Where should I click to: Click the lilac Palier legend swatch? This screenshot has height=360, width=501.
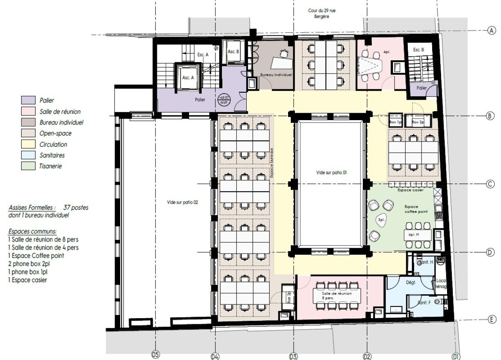coord(28,101)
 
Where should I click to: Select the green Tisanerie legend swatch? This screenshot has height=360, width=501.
coord(28,166)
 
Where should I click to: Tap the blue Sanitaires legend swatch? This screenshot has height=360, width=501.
coord(28,155)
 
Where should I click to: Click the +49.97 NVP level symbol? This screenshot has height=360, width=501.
coord(225,99)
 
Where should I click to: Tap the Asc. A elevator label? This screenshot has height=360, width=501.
coord(188,77)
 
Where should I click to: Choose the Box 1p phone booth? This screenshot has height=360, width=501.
coord(395,122)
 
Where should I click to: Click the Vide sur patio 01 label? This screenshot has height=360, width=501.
coord(332,172)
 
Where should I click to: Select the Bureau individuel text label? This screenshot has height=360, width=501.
coord(277,74)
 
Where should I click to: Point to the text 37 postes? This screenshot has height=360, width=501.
coord(76,207)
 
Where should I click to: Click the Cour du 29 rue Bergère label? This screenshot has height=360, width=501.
coord(322,14)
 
